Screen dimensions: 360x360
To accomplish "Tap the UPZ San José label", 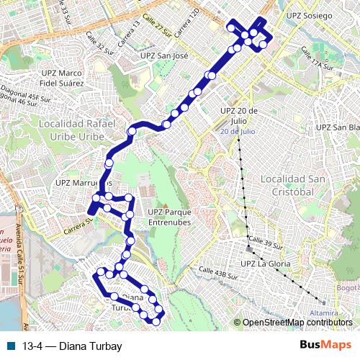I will click(x=164, y=55).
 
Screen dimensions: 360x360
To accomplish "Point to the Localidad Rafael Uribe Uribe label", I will click(x=77, y=130).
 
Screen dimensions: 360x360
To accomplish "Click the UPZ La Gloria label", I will click(x=266, y=264).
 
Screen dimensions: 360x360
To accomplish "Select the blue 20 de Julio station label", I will click(x=238, y=132).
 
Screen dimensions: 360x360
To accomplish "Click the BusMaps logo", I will click(x=325, y=346).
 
